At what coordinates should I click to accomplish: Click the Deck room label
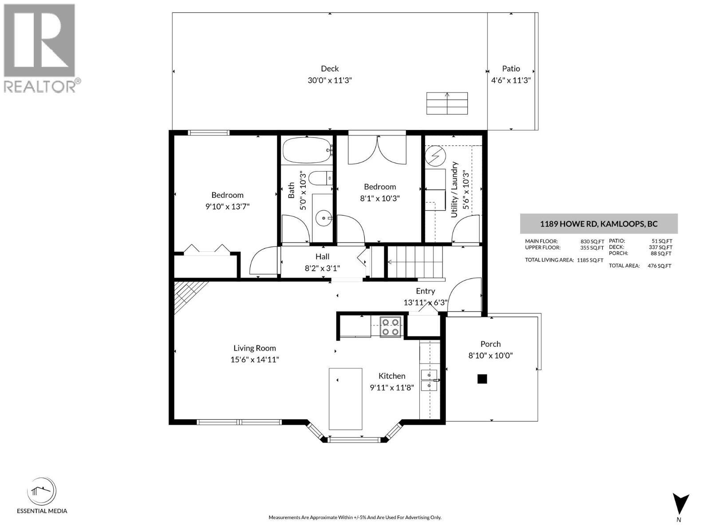point(330,69)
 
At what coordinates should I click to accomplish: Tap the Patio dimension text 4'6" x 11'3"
point(511,80)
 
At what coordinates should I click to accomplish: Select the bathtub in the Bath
point(307,150)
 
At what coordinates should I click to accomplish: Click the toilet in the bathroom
point(319,178)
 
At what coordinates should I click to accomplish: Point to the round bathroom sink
point(324,218)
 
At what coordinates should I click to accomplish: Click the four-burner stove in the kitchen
point(390,327)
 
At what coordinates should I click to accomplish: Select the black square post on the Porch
point(482,379)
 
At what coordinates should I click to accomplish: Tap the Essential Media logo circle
point(42,491)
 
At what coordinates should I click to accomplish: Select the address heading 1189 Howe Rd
point(599,224)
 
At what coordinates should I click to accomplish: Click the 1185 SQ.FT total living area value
point(590,260)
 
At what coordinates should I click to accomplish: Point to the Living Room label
point(255,348)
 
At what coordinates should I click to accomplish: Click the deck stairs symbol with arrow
point(447,103)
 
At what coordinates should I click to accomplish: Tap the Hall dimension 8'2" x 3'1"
point(322,268)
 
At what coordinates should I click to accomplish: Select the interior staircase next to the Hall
point(415,262)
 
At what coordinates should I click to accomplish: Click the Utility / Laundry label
point(454,190)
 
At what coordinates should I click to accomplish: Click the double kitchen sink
point(429,380)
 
